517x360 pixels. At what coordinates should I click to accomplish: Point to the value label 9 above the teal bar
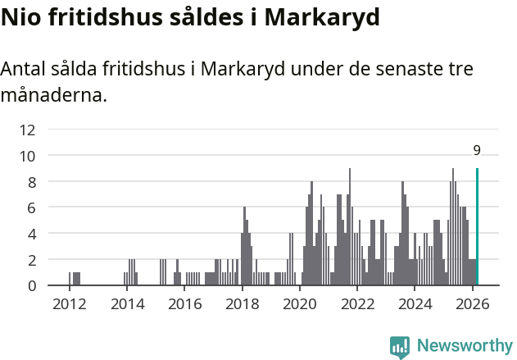click(x=477, y=150)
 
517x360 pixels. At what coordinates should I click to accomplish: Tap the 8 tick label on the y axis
click(x=31, y=181)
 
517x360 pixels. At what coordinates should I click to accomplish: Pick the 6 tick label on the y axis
click(x=31, y=207)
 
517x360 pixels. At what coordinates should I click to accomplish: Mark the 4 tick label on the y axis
click(x=31, y=234)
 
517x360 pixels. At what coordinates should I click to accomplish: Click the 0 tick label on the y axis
click(x=31, y=285)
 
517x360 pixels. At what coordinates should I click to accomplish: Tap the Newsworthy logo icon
click(x=400, y=346)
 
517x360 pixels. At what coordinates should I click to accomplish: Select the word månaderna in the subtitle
click(x=53, y=95)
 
